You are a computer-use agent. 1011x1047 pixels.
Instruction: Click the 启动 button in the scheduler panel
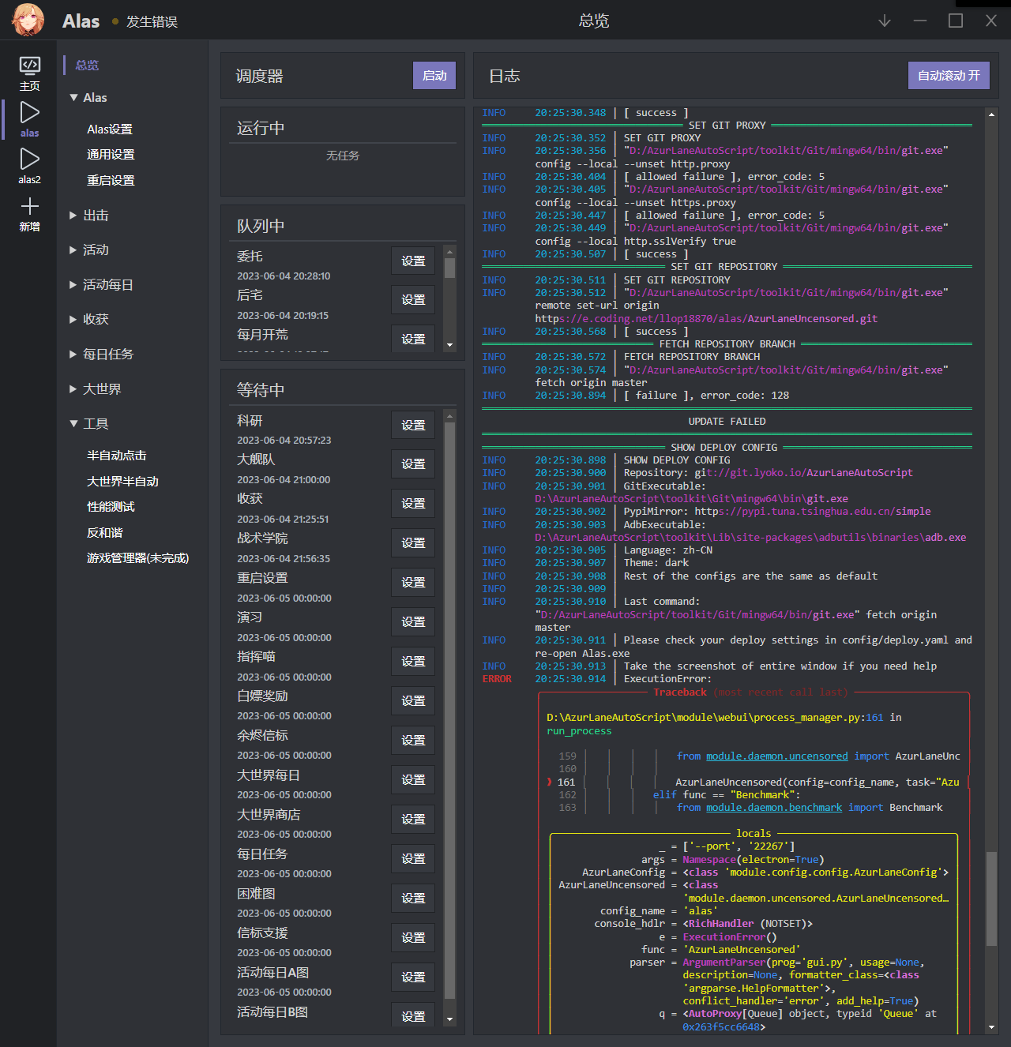[434, 76]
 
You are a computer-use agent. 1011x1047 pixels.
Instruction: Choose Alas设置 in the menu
[110, 129]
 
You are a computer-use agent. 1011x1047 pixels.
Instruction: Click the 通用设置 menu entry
[111, 155]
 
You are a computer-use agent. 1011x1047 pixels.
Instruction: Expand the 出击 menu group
[96, 216]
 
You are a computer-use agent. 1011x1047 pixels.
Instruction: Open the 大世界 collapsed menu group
[102, 389]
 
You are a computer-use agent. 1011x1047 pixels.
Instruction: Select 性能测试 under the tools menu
[111, 507]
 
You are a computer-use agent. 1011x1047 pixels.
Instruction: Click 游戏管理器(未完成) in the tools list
[137, 558]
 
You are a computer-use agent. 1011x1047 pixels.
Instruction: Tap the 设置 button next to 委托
[413, 261]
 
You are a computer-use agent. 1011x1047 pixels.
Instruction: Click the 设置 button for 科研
[413, 426]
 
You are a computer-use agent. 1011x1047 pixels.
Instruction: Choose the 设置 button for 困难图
[413, 899]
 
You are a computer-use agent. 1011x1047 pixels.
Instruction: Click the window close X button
[991, 21]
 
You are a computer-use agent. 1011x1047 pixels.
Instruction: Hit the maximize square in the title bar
[956, 21]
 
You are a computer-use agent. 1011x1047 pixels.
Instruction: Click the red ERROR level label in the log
[497, 679]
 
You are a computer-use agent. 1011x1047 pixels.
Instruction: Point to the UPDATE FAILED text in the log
[727, 422]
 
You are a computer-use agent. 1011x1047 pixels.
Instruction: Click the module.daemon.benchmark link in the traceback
[773, 808]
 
